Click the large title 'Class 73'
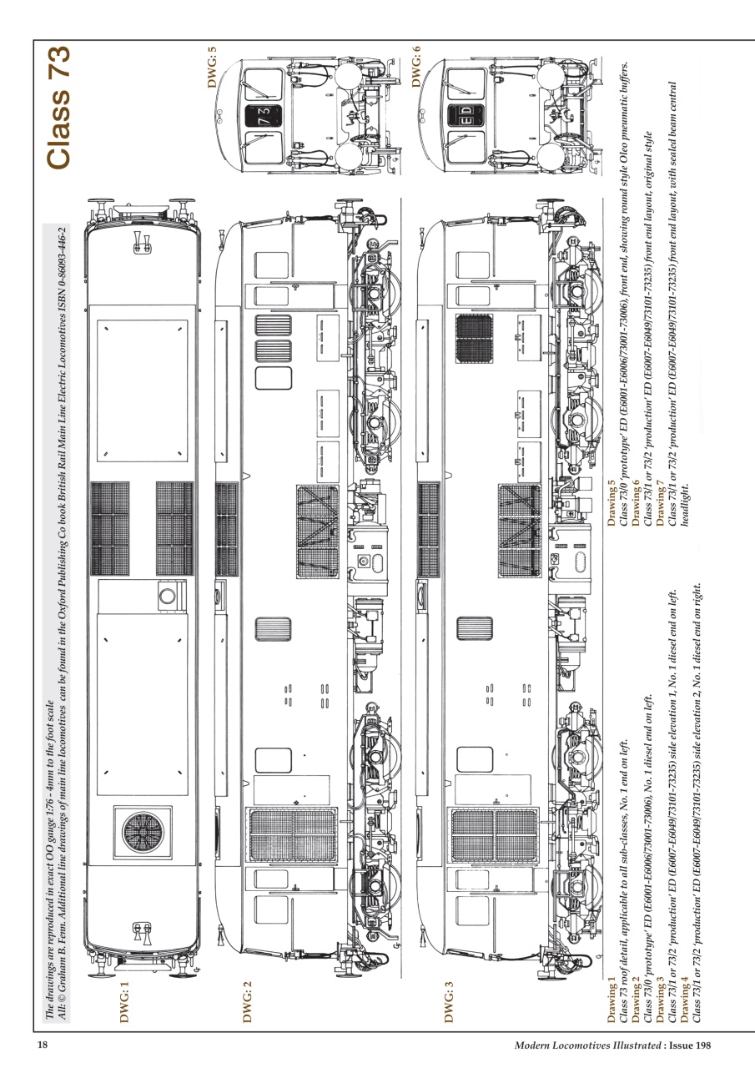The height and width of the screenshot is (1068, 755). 59,108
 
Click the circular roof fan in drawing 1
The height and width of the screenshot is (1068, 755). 147,833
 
